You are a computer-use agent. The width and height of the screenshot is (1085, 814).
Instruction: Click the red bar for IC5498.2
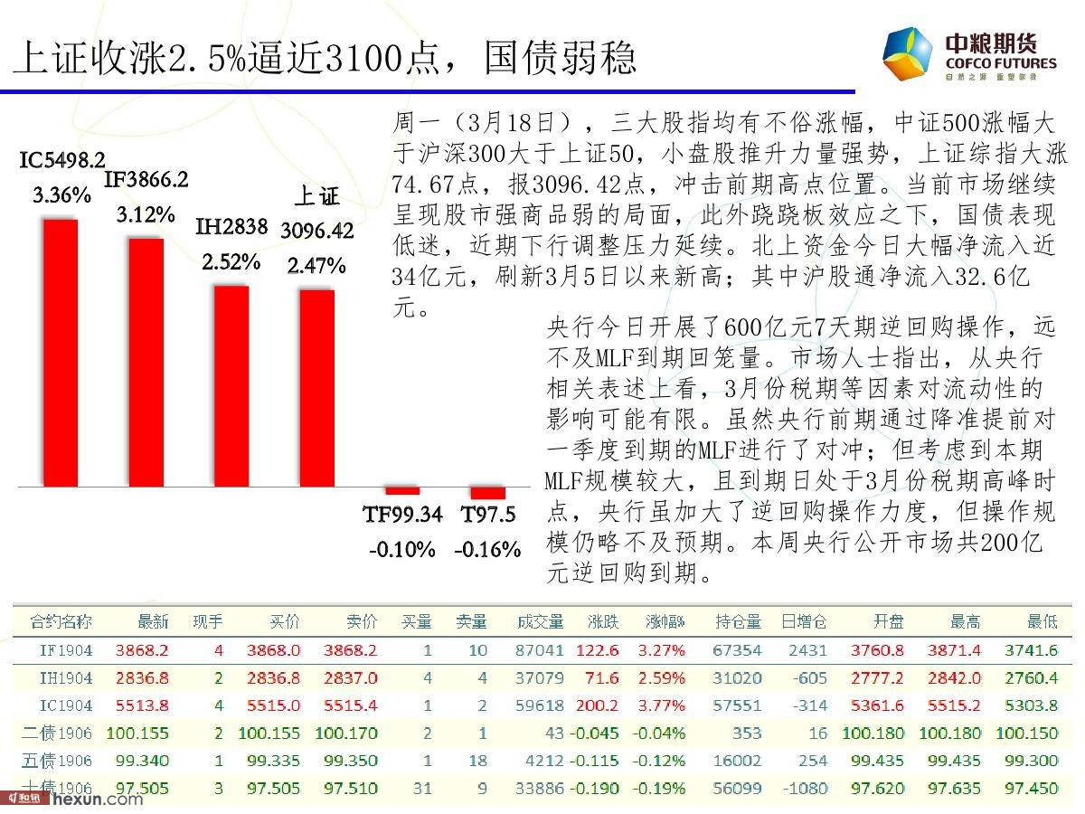click(x=61, y=353)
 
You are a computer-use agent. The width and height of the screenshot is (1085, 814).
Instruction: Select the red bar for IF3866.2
click(x=146, y=363)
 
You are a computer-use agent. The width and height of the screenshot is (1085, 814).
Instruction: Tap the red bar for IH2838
click(x=231, y=386)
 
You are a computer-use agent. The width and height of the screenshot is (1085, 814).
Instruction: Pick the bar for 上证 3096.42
click(x=316, y=388)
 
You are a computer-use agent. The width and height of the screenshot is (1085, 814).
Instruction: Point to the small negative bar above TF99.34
click(x=401, y=490)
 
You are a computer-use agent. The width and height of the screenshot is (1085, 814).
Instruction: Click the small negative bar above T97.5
click(x=487, y=492)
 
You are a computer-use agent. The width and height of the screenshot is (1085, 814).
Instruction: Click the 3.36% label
click(x=62, y=194)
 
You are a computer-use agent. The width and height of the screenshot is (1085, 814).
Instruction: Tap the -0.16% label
click(x=487, y=549)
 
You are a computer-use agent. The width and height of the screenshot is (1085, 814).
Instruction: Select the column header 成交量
click(x=541, y=622)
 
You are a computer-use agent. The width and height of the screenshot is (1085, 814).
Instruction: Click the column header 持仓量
click(x=739, y=622)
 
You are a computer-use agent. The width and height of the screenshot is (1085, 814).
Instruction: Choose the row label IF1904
click(x=66, y=649)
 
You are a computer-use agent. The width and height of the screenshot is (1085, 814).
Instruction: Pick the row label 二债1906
click(x=61, y=734)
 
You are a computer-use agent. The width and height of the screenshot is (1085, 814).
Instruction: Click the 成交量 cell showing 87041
click(x=540, y=649)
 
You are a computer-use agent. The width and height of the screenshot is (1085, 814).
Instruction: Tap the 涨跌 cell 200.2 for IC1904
click(x=599, y=705)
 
